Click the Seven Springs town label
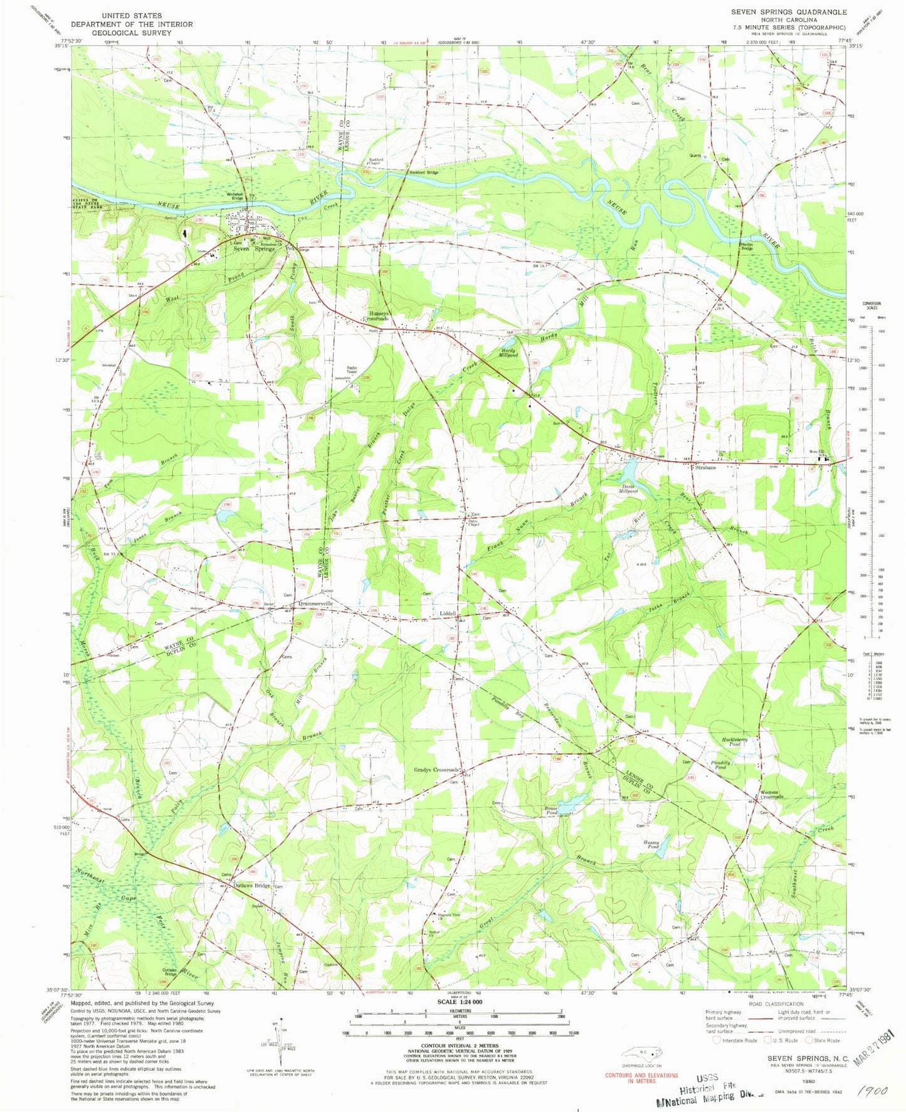point(253,249)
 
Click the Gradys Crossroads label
point(437,770)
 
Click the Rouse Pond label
point(550,811)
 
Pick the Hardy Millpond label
point(508,352)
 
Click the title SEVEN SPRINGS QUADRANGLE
point(788,12)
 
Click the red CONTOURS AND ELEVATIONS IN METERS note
point(641,1078)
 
